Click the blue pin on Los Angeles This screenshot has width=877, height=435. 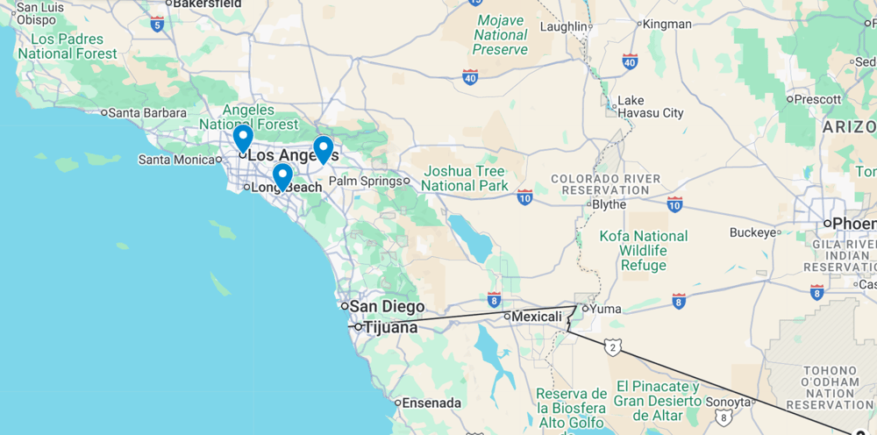243,139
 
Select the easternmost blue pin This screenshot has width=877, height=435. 323,149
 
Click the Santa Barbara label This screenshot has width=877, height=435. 147,112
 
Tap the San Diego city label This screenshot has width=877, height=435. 387,307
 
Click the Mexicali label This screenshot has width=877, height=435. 536,316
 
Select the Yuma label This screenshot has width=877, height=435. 605,308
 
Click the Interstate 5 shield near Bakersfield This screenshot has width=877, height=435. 157,24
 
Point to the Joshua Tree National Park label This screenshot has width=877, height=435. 464,178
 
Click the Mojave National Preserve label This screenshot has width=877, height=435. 501,35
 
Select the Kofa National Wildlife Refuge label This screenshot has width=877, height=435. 643,251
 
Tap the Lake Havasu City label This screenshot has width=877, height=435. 650,107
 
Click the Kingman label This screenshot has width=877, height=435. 667,24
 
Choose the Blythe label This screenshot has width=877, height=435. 609,204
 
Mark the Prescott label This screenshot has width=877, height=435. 817,98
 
